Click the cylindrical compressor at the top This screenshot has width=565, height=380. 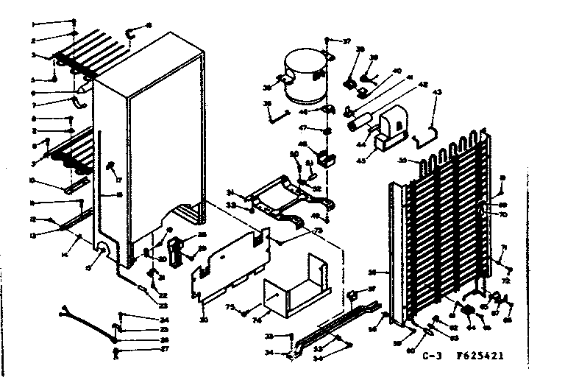click(304, 75)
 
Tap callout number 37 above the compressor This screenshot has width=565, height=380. click(347, 41)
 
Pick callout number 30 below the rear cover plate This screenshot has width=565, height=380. click(202, 320)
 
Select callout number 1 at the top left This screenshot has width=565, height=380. click(33, 24)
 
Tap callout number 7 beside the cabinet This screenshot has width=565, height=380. click(33, 106)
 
